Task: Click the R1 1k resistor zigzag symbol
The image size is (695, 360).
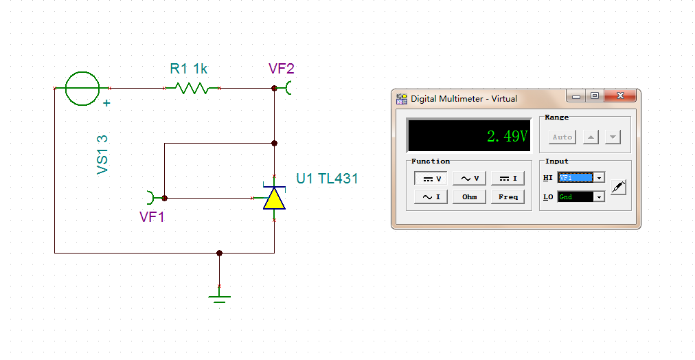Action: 192,88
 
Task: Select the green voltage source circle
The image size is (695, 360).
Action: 82,88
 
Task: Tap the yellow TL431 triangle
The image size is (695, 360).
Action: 275,198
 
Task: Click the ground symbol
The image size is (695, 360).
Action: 219,300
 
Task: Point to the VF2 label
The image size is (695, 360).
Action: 282,69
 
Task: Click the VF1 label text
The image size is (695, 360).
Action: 152,217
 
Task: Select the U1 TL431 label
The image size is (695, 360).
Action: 327,178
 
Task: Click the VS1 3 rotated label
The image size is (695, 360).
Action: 102,155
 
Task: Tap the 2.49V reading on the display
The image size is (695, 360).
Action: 508,136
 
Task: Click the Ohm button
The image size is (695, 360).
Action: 469,197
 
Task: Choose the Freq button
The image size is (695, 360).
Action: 508,197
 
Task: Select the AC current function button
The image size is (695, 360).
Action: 431,197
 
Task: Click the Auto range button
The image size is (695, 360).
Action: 562,137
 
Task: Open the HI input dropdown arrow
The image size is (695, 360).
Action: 599,178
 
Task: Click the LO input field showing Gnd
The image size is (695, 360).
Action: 576,196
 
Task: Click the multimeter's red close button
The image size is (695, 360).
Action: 620,95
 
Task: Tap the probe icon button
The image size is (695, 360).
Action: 618,187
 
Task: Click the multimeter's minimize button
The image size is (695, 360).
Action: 576,95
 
